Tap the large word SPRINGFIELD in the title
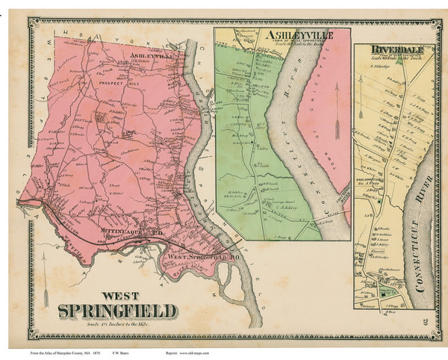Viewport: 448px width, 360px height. coord(117,309)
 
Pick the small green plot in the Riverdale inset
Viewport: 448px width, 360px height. coord(385,292)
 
